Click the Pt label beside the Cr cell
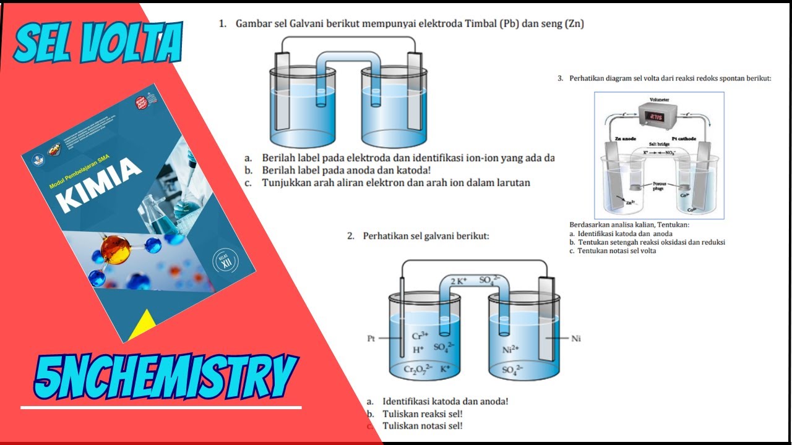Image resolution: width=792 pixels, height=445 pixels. coord(371,338)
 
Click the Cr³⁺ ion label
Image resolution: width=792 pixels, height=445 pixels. coord(421,337)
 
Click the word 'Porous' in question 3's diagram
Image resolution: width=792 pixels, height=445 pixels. coord(659,184)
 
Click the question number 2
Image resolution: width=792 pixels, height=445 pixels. coord(350,235)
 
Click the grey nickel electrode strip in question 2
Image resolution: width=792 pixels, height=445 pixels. coord(548,318)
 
